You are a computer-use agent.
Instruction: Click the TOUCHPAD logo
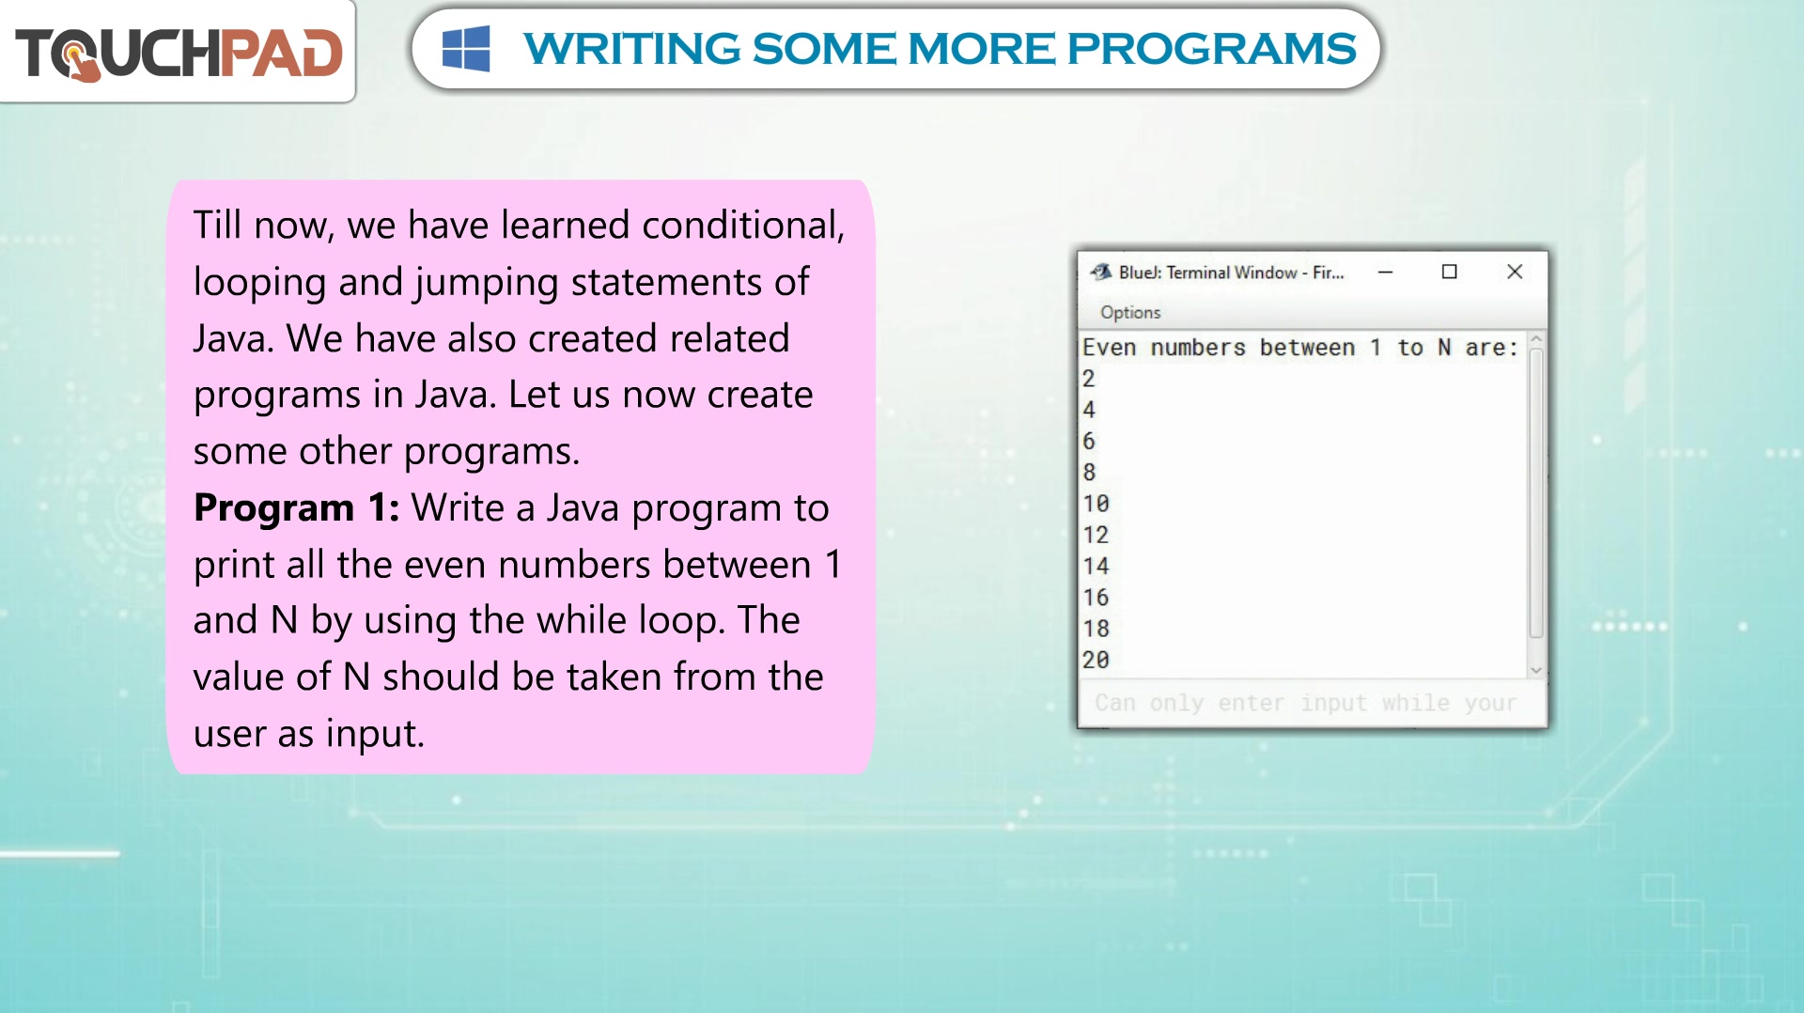pos(179,53)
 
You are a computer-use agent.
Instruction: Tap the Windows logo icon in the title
pos(466,49)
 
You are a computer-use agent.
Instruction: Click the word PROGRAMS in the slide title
pos(1211,49)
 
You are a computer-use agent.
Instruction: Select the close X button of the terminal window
pos(1515,272)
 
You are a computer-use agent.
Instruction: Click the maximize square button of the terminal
pos(1450,272)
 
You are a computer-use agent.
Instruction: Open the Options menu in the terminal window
pos(1130,312)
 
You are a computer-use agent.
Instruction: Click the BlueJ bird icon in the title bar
pos(1100,272)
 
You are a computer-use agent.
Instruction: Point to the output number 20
pos(1096,660)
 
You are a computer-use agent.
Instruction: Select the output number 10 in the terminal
pos(1096,504)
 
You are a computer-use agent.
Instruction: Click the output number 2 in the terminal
pos(1089,379)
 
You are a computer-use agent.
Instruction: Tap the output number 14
pos(1096,566)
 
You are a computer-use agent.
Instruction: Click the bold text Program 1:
pos(297,508)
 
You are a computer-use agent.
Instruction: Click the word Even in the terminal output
pos(1110,348)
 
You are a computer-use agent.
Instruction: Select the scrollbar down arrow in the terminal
pos(1536,670)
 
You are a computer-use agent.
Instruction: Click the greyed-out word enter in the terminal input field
pos(1251,703)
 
